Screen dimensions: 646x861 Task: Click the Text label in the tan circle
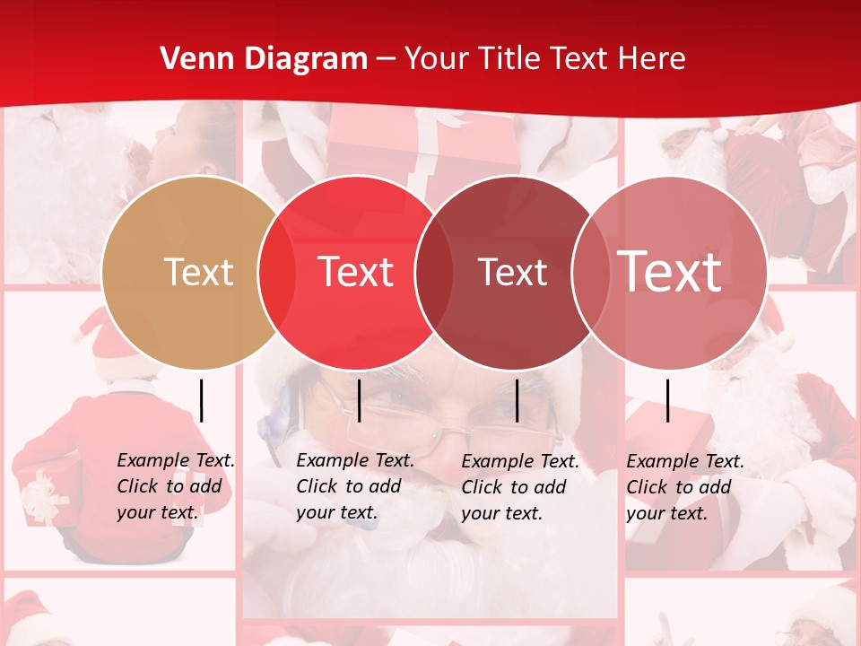point(199,272)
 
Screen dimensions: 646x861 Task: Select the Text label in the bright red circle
point(356,272)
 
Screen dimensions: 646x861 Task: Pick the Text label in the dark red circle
point(512,272)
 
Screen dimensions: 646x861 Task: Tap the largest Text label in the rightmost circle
point(670,271)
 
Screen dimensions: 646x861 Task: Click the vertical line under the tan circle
point(202,400)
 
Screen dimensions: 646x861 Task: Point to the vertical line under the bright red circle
point(359,400)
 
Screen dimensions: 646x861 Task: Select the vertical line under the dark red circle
point(517,400)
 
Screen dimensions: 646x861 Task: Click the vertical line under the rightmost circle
point(667,400)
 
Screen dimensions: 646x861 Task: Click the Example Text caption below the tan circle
point(175,486)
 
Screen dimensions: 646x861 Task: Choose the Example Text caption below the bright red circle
point(354,486)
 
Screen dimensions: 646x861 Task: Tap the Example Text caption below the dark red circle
point(519,487)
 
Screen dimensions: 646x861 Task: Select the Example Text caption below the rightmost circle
point(684,487)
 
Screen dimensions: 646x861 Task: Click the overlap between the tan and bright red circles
point(277,273)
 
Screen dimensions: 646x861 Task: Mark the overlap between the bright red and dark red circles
point(434,273)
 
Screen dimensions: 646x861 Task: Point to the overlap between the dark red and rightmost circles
point(590,273)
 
